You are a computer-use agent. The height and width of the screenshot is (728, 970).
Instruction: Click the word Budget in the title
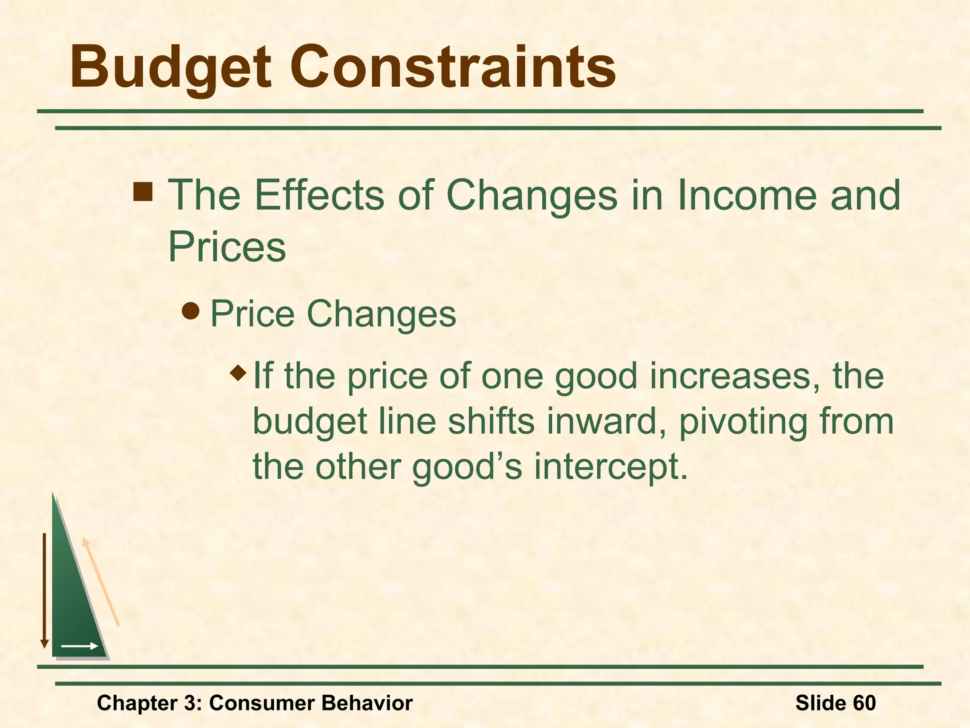click(x=171, y=67)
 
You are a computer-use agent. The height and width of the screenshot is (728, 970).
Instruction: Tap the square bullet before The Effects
click(x=143, y=192)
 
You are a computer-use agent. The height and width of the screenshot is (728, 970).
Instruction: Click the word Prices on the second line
click(x=227, y=246)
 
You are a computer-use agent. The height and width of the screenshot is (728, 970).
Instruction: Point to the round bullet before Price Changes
click(x=191, y=311)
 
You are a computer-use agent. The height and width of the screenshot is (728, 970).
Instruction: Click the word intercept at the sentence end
click(x=611, y=467)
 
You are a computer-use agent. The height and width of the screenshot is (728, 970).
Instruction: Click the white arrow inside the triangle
click(x=80, y=646)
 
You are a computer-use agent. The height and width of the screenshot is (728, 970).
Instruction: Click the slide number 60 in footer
click(x=864, y=703)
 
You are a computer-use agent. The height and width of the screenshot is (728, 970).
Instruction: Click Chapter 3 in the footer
click(x=149, y=703)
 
